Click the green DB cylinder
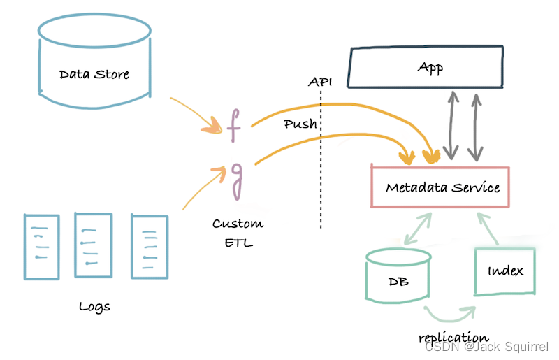click(398, 280)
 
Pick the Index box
click(505, 271)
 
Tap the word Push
click(300, 124)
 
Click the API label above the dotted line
click(320, 82)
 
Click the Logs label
click(95, 306)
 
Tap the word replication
click(453, 337)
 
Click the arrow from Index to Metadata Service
click(489, 227)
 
